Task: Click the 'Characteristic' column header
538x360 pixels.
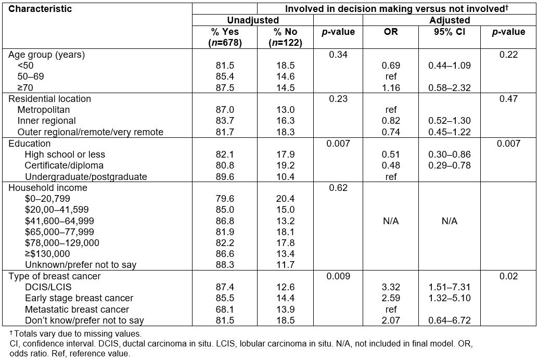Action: tap(40, 9)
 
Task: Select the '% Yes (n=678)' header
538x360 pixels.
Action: tap(225, 37)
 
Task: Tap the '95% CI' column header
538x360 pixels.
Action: tap(449, 32)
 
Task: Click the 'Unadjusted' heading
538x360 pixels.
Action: tap(253, 20)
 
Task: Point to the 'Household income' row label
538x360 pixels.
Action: tap(48, 188)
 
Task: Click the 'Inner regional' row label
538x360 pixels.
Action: tap(47, 121)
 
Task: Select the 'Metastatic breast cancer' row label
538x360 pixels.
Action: tap(77, 310)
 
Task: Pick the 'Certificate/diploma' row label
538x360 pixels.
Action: tap(64, 165)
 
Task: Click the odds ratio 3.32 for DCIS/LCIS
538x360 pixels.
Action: tap(391, 287)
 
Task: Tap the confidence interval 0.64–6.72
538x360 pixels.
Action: tap(450, 320)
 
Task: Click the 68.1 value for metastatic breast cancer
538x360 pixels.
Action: tap(225, 310)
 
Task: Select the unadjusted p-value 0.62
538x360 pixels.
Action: tap(338, 188)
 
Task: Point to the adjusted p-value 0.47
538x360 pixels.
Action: tap(508, 99)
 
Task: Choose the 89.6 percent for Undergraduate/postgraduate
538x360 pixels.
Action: tap(225, 177)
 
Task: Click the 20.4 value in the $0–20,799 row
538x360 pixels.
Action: tap(286, 199)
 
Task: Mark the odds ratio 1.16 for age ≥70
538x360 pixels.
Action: tap(391, 88)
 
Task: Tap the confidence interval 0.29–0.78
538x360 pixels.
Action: tap(450, 165)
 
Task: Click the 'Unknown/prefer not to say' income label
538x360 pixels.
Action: tap(81, 265)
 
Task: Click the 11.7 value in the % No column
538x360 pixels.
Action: tap(286, 265)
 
